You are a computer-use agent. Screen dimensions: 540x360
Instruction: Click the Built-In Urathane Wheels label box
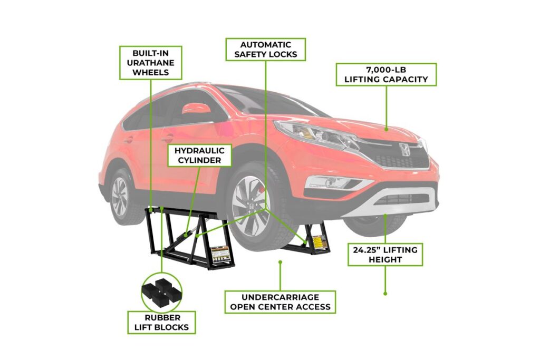(151, 63)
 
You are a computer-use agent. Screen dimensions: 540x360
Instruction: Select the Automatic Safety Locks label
(266, 49)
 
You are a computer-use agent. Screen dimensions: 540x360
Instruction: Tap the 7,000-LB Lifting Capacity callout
(386, 74)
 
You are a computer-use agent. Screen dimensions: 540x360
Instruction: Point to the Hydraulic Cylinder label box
(199, 155)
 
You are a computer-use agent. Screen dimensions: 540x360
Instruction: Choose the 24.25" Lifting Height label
(385, 255)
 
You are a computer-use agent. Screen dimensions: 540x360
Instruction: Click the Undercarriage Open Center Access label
(280, 302)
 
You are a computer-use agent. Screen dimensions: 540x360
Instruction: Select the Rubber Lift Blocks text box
(161, 323)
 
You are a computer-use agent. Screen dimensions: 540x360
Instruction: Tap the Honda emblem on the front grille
(403, 149)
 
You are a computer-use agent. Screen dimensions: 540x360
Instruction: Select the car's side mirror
(197, 109)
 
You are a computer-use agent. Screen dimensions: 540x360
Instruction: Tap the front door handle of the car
(167, 139)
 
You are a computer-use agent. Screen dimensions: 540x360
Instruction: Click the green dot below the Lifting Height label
(385, 294)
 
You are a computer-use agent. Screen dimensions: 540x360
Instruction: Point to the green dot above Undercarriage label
(281, 262)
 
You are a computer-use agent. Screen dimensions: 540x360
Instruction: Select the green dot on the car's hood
(386, 130)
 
